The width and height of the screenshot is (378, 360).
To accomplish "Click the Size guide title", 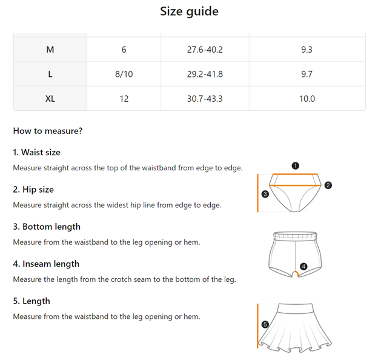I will tap(189, 12).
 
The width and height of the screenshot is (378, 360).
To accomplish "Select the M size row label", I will tap(50, 50).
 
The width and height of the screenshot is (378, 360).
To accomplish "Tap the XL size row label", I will tap(50, 99).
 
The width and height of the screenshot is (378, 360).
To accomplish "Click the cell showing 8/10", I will tap(124, 75).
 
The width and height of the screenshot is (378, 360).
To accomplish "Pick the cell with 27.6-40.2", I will tap(205, 50).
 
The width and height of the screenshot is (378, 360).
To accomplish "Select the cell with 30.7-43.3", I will tap(205, 99).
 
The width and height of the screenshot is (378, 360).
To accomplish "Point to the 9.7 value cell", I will tap(307, 75).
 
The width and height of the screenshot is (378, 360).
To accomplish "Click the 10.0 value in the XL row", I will tap(307, 99).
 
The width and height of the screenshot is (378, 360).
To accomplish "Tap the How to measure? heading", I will tap(48, 131).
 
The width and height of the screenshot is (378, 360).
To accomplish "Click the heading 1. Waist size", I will tap(37, 153).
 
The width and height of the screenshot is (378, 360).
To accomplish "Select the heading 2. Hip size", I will tap(33, 190).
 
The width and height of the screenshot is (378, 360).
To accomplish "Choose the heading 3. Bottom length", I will tap(47, 227).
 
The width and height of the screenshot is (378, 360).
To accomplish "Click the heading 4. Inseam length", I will tap(46, 264).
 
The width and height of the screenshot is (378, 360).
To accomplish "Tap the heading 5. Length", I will tap(31, 301).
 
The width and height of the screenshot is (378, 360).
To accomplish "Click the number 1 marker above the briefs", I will tap(295, 165).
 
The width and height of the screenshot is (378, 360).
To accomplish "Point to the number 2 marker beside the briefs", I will tap(328, 185).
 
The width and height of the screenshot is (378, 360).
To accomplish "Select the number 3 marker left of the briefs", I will tap(265, 194).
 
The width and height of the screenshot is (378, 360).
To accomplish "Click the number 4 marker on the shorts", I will tap(303, 266).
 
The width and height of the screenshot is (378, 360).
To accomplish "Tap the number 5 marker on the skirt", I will tap(265, 324).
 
